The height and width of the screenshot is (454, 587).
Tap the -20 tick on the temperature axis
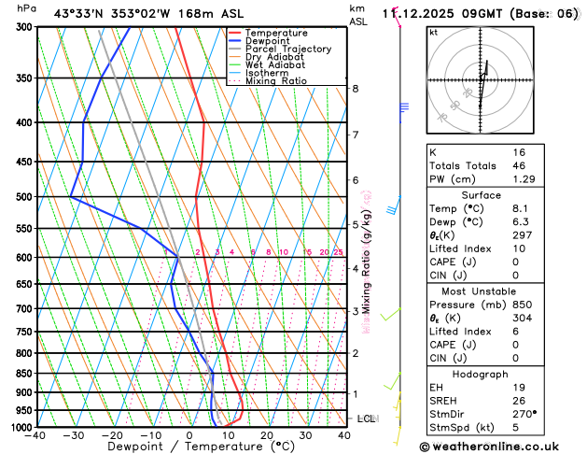tap(113, 435)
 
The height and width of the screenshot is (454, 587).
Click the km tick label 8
tap(355, 89)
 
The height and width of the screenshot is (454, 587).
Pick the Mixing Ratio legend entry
tap(275, 81)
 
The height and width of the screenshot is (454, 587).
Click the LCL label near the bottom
tap(366, 419)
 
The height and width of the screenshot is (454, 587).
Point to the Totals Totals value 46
tap(519, 164)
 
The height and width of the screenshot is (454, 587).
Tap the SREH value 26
tap(519, 401)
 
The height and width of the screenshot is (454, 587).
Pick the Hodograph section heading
tap(481, 374)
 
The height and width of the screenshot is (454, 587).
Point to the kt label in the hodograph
tap(433, 32)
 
